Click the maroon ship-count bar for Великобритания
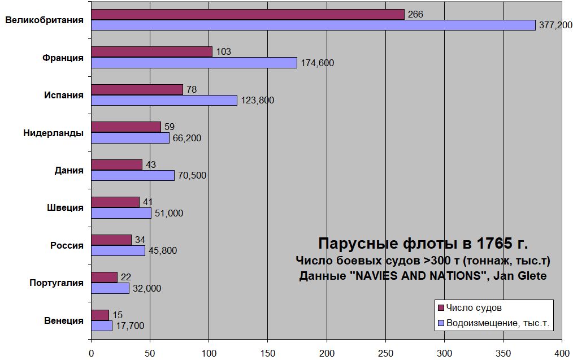(x=248, y=15)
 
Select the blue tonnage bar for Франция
(x=194, y=63)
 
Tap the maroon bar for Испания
(x=137, y=89)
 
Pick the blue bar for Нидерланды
(x=130, y=138)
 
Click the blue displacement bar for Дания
(x=133, y=175)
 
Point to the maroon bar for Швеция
(x=115, y=202)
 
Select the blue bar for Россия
(x=118, y=250)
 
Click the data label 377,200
(x=556, y=25)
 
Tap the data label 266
(x=415, y=15)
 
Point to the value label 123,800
(x=258, y=101)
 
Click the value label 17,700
(x=131, y=326)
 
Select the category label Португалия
(x=57, y=283)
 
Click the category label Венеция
(x=64, y=320)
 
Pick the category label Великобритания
(x=45, y=20)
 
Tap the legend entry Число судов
(x=474, y=308)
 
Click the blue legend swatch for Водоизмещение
(x=441, y=324)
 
